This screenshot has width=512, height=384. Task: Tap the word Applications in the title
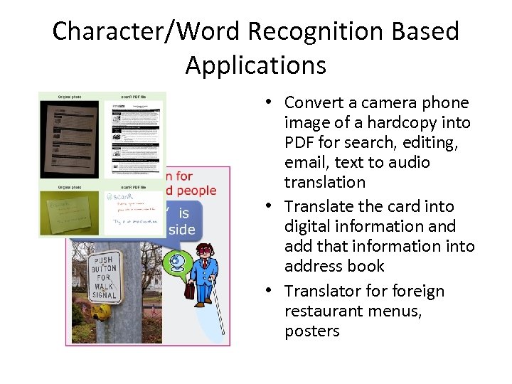[256, 65]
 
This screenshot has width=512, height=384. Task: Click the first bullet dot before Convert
[273, 102]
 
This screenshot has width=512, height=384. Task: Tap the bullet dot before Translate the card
[273, 206]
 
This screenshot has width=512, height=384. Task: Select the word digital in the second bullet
[308, 226]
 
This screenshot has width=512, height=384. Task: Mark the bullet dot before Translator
[273, 292]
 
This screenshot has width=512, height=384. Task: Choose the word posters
[311, 331]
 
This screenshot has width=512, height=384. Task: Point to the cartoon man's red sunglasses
[206, 251]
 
